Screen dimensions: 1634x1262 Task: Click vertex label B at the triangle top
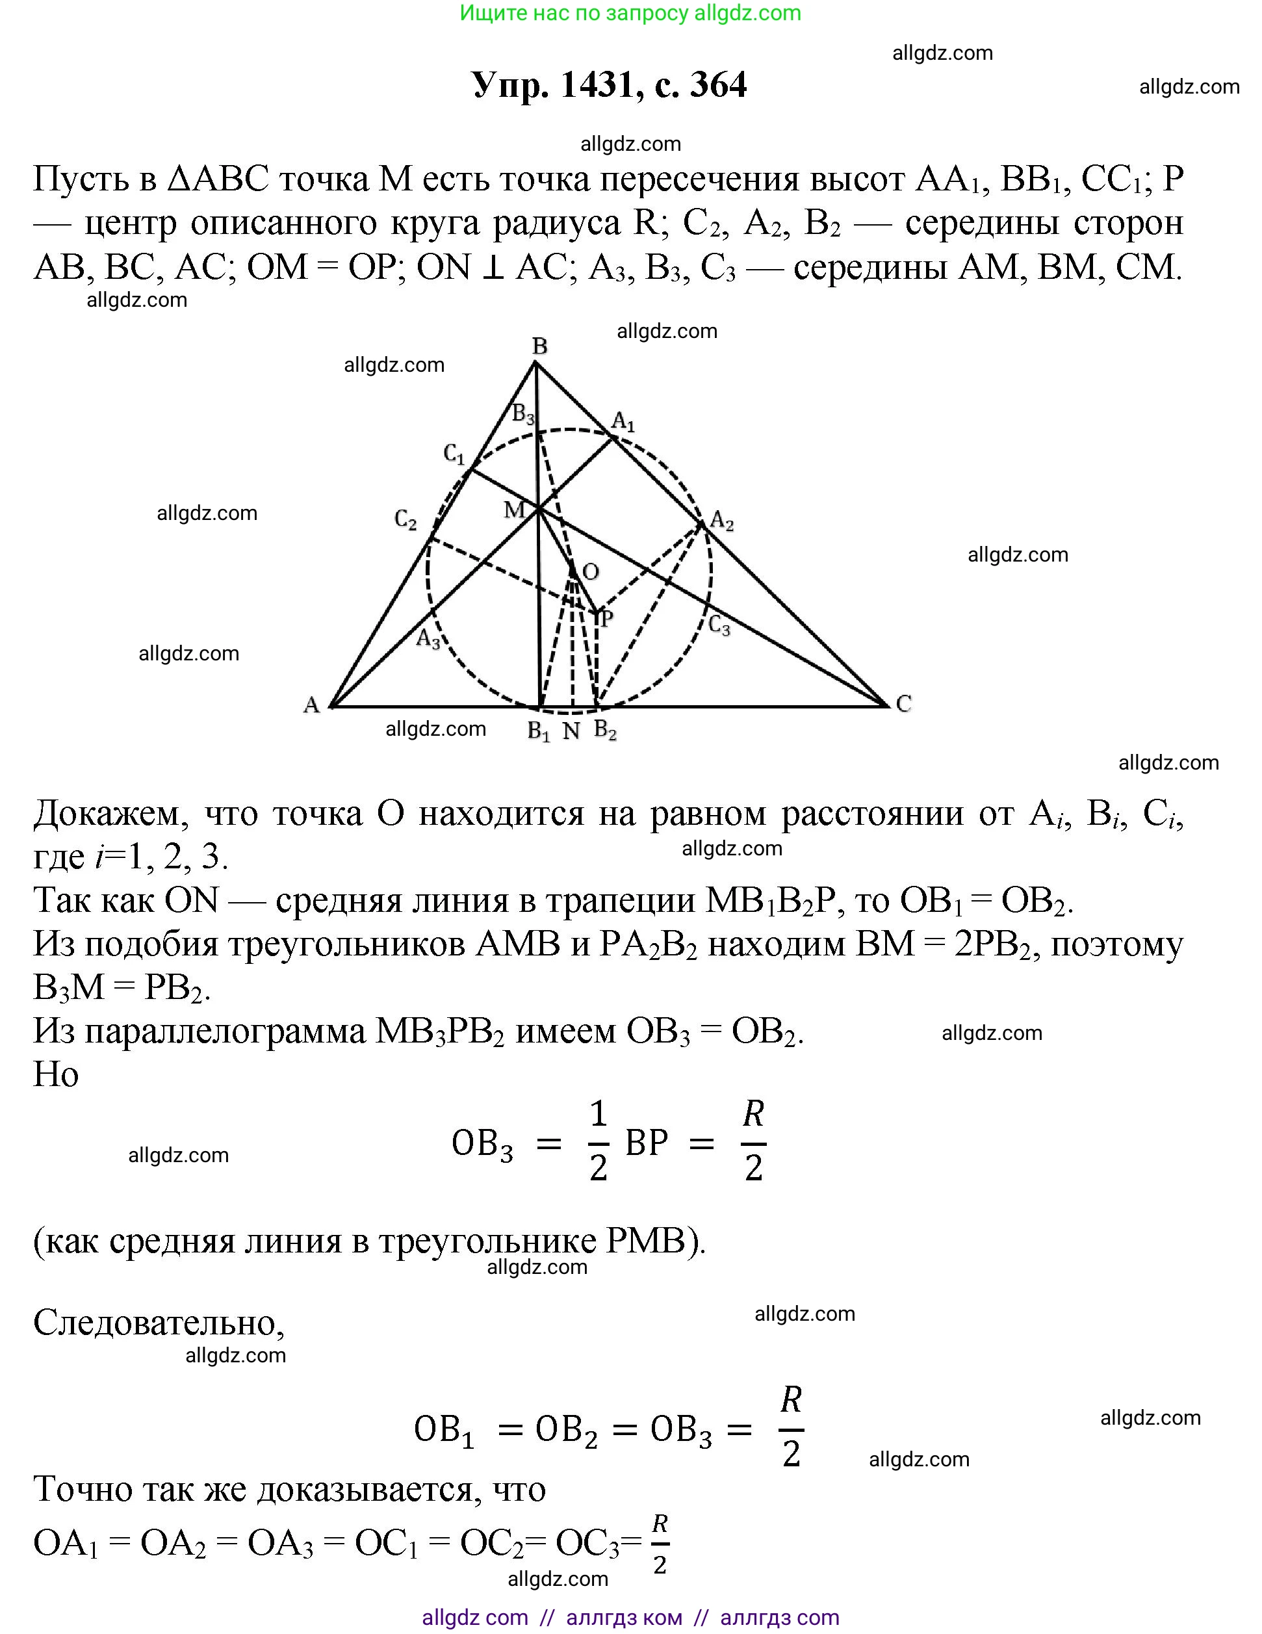539,346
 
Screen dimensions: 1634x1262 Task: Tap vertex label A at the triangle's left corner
311,704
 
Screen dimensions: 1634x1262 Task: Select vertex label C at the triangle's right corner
904,703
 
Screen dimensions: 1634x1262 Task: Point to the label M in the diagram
514,510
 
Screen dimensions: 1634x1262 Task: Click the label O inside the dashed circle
590,573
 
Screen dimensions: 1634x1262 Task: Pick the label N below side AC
571,731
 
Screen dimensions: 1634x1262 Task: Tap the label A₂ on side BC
722,520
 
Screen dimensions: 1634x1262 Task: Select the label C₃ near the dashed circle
719,625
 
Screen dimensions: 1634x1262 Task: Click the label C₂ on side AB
406,519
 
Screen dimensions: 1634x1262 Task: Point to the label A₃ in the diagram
428,640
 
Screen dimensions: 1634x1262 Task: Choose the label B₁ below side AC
539,731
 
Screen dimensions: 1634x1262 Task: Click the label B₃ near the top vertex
523,414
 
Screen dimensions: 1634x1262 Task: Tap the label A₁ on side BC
623,422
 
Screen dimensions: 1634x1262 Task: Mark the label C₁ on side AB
454,454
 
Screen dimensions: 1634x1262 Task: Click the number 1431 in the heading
597,84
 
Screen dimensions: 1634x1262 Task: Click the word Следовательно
159,1323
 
